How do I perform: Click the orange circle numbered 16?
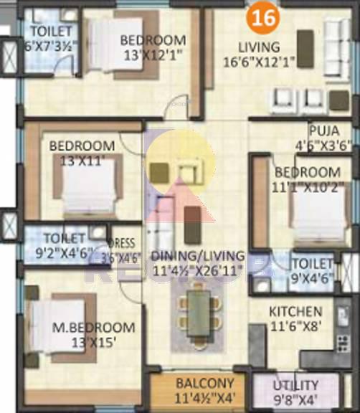[x=264, y=19]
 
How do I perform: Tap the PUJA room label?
[x=330, y=130]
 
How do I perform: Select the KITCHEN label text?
[x=295, y=312]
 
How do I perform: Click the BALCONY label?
[x=204, y=383]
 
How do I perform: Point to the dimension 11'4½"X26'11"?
[x=198, y=270]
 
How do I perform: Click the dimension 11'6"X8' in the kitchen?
[x=295, y=325]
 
